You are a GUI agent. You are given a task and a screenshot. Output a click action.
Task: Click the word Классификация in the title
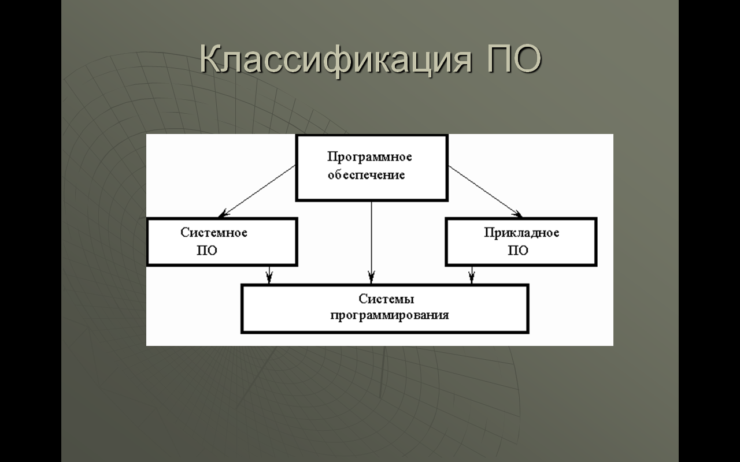(x=336, y=59)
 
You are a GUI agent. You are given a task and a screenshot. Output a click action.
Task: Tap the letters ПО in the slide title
(x=515, y=59)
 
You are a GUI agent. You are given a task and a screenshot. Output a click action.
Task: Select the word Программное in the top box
(x=369, y=157)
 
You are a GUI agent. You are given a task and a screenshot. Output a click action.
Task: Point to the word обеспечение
(x=366, y=174)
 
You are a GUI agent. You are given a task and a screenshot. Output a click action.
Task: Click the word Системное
(x=214, y=233)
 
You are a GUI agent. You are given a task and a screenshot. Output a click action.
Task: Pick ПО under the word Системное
(x=207, y=251)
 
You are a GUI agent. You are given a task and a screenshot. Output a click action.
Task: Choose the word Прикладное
(x=521, y=233)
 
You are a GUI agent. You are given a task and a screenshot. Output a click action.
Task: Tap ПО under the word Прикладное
(x=517, y=251)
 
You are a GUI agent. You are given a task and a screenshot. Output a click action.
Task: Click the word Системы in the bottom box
(x=386, y=299)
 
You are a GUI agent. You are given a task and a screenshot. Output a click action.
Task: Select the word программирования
(x=390, y=315)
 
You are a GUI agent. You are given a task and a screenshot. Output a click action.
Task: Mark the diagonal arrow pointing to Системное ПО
(x=257, y=191)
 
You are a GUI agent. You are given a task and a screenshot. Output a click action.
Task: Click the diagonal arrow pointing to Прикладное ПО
(x=485, y=191)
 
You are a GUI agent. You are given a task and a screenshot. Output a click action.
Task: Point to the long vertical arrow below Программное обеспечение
(x=371, y=242)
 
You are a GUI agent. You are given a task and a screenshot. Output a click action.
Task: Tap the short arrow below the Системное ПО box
(x=269, y=274)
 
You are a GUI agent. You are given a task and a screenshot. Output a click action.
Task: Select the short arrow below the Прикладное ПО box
(x=472, y=274)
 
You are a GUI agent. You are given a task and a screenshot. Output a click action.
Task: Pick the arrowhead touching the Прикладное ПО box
(x=517, y=214)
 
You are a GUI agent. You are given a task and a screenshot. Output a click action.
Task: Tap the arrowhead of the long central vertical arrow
(x=371, y=277)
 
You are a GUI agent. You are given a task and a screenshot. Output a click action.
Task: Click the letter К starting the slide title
(x=211, y=59)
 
